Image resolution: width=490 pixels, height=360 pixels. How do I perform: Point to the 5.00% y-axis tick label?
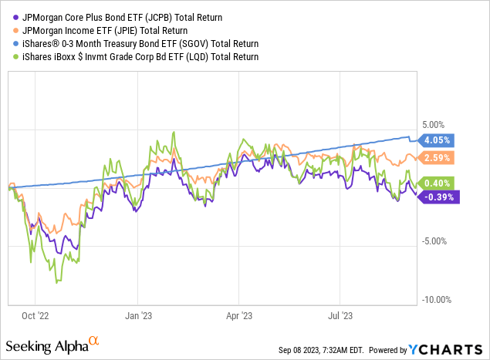click(436, 124)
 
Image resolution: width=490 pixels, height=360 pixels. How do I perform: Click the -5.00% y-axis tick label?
click(435, 241)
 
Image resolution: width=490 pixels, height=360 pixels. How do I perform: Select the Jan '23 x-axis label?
click(137, 315)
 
